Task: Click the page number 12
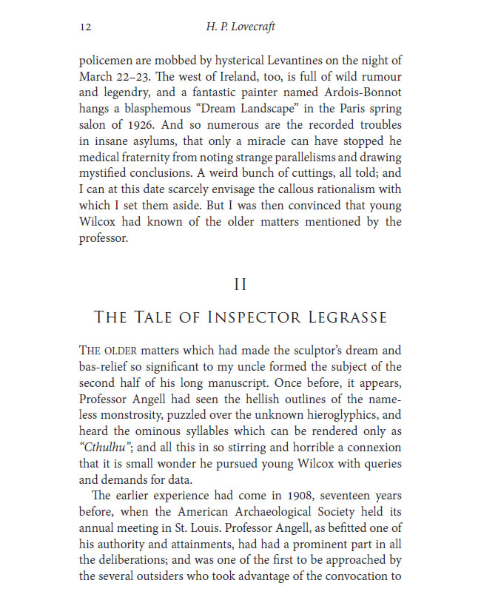point(84,27)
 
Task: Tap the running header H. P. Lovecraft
point(240,27)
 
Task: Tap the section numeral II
point(240,285)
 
